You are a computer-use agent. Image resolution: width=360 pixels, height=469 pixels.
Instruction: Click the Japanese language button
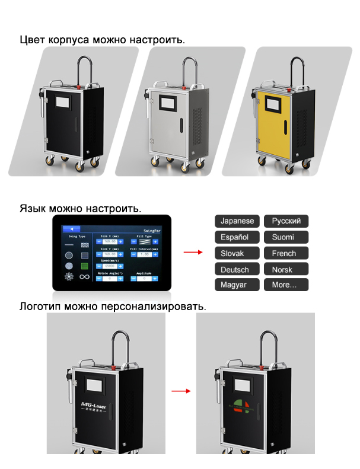click(x=237, y=221)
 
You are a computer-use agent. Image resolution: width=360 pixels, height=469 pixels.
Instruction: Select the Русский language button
click(x=286, y=221)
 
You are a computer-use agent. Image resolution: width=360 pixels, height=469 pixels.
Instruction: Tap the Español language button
click(x=237, y=237)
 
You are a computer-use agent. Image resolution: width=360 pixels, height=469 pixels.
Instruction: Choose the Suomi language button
click(x=286, y=237)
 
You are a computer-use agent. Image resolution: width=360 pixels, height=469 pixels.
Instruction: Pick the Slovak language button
click(x=237, y=253)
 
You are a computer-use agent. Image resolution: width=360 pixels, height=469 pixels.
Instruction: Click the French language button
click(x=286, y=253)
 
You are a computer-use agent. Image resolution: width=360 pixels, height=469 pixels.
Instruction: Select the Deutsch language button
click(x=237, y=269)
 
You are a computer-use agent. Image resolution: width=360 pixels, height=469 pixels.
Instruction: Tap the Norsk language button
click(x=286, y=269)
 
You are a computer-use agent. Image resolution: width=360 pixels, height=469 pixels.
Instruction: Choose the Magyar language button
click(x=237, y=285)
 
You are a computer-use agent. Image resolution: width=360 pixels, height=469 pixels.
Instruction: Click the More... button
click(x=286, y=285)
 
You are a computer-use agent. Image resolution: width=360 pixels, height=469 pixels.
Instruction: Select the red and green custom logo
click(x=242, y=406)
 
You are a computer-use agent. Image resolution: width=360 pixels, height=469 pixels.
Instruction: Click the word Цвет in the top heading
click(x=32, y=40)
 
